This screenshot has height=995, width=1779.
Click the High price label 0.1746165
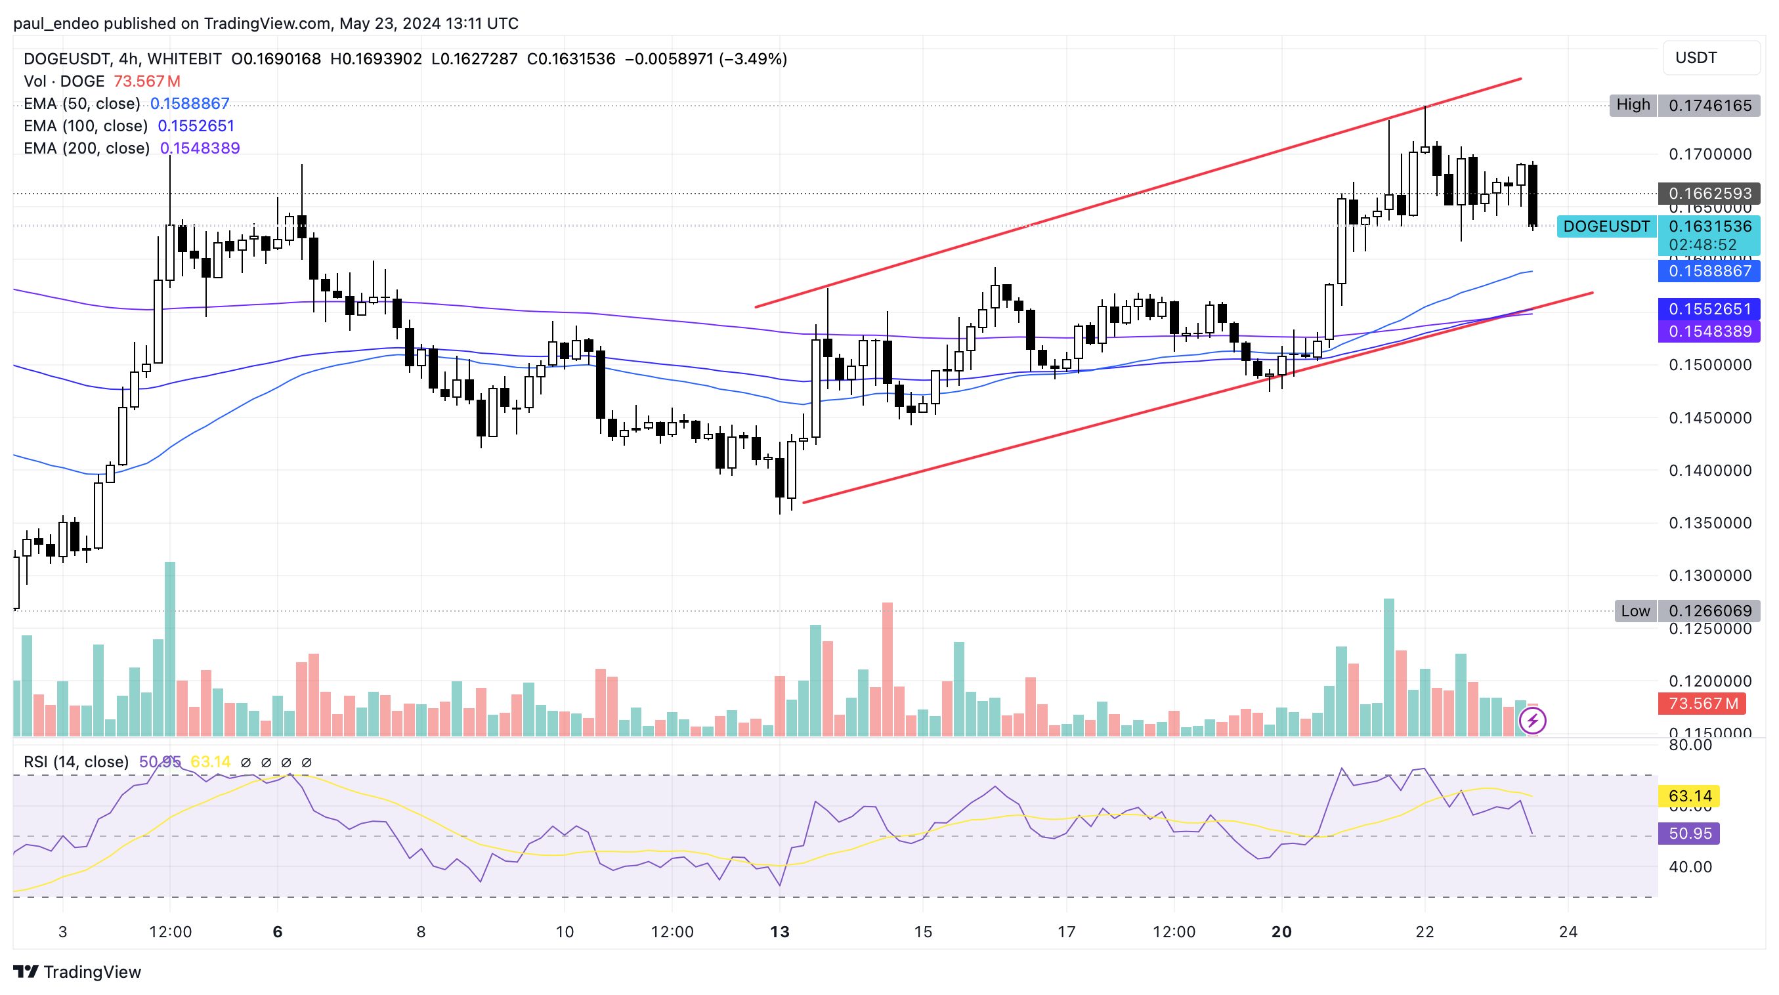click(x=1709, y=106)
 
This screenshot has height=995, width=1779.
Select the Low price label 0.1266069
click(x=1709, y=611)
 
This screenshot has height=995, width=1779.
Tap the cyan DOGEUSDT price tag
click(x=1606, y=226)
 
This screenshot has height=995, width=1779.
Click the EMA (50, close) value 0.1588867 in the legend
click(x=189, y=104)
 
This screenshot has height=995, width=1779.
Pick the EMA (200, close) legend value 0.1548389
click(x=200, y=148)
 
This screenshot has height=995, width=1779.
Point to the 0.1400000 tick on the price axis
click(x=1709, y=471)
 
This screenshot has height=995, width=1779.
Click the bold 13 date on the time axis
click(x=780, y=932)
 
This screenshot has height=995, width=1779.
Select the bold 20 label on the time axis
click(x=1282, y=932)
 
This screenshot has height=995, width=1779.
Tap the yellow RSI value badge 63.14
click(x=1689, y=796)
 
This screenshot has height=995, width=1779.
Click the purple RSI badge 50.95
click(x=1689, y=834)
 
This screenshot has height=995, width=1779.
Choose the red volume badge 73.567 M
click(x=1702, y=704)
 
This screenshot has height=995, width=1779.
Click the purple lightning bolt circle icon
click(x=1532, y=721)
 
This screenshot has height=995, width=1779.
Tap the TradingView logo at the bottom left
click(x=77, y=972)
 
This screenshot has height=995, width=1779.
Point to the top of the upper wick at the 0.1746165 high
click(x=1425, y=108)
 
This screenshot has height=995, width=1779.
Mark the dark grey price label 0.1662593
click(x=1709, y=194)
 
